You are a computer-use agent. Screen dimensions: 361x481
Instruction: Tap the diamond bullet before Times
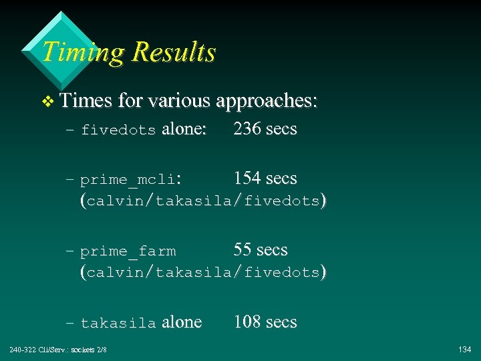46,102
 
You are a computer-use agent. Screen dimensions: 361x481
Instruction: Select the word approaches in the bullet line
267,102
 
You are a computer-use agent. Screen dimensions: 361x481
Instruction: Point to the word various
177,101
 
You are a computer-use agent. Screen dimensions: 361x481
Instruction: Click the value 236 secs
265,129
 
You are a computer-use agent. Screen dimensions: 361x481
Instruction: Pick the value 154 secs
265,178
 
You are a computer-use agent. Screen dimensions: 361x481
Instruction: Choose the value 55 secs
261,250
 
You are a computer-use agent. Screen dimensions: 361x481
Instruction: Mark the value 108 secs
265,322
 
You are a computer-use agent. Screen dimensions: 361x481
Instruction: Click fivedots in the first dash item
118,130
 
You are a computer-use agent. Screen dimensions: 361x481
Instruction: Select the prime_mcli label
128,180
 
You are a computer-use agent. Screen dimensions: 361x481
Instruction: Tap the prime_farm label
128,252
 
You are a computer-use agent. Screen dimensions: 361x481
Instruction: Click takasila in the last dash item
118,324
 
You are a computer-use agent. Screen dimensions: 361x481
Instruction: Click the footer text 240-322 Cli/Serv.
39,350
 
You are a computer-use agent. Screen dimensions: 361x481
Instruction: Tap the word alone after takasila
182,322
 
